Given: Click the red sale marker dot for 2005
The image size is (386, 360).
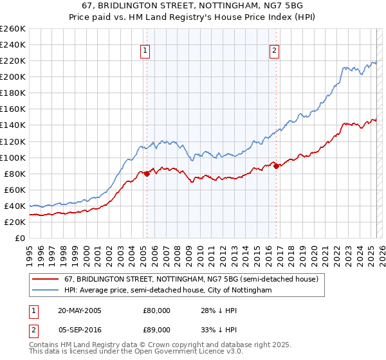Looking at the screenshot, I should point(147,173).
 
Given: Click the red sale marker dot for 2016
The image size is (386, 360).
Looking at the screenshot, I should point(276,166).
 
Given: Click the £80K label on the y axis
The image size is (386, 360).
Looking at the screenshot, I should point(14,174).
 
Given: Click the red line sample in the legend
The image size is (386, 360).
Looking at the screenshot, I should point(46,280).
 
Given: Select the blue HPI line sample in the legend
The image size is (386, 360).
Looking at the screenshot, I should point(46,291).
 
